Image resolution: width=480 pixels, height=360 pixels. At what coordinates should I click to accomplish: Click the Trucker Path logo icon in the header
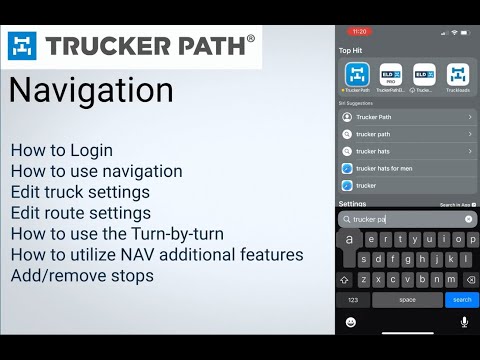click(25, 45)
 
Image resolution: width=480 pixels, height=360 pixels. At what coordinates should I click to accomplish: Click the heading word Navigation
click(91, 91)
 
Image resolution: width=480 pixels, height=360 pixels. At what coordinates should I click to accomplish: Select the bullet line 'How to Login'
click(61, 150)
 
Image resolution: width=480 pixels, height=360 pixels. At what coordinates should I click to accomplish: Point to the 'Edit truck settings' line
click(80, 192)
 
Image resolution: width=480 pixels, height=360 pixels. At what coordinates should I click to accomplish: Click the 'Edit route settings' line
click(80, 213)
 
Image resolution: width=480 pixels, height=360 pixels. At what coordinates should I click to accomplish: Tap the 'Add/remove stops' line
click(82, 275)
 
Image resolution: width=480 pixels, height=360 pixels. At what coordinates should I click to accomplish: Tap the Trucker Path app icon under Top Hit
click(357, 73)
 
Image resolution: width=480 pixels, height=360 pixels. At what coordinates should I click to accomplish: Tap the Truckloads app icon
click(457, 73)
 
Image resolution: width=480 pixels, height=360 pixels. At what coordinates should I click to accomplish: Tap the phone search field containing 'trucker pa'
click(400, 218)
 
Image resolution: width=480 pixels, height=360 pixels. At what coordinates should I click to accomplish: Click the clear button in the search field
click(468, 218)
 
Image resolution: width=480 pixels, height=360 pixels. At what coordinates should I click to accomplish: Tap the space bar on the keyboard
click(407, 299)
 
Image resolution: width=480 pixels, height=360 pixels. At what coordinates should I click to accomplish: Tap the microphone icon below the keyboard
click(463, 322)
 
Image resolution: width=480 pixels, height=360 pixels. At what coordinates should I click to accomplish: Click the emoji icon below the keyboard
click(351, 322)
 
